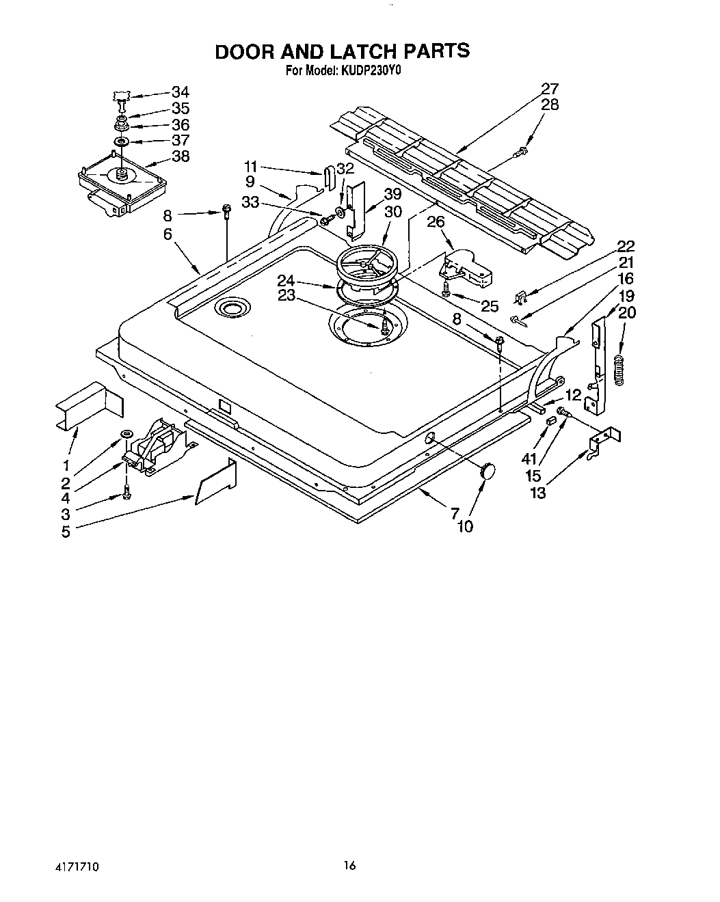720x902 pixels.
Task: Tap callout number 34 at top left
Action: click(x=180, y=92)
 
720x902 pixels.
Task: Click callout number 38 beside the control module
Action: click(x=180, y=156)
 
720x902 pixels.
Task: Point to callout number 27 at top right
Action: click(x=550, y=89)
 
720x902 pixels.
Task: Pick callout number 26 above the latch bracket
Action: click(x=436, y=222)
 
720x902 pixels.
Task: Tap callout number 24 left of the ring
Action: click(x=286, y=280)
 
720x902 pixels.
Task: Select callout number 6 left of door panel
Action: click(x=168, y=234)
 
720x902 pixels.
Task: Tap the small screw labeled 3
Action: click(x=126, y=493)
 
